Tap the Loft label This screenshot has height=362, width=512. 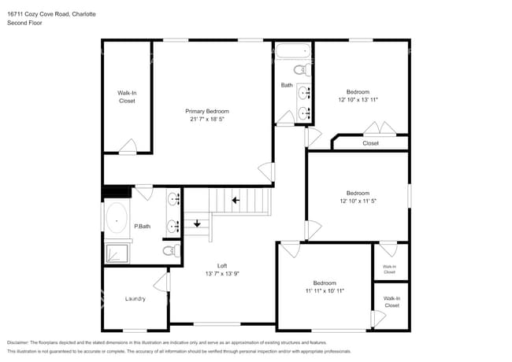(x=222, y=265)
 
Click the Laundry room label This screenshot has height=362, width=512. (x=135, y=299)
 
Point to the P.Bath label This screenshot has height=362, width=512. (x=142, y=227)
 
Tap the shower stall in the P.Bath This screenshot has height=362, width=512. (x=117, y=253)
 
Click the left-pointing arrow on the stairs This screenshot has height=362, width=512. (x=235, y=200)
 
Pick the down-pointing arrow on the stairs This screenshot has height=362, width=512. (x=198, y=223)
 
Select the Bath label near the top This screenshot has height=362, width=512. (x=287, y=85)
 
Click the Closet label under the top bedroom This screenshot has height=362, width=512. (x=370, y=143)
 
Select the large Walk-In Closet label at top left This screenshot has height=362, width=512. (x=127, y=97)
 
